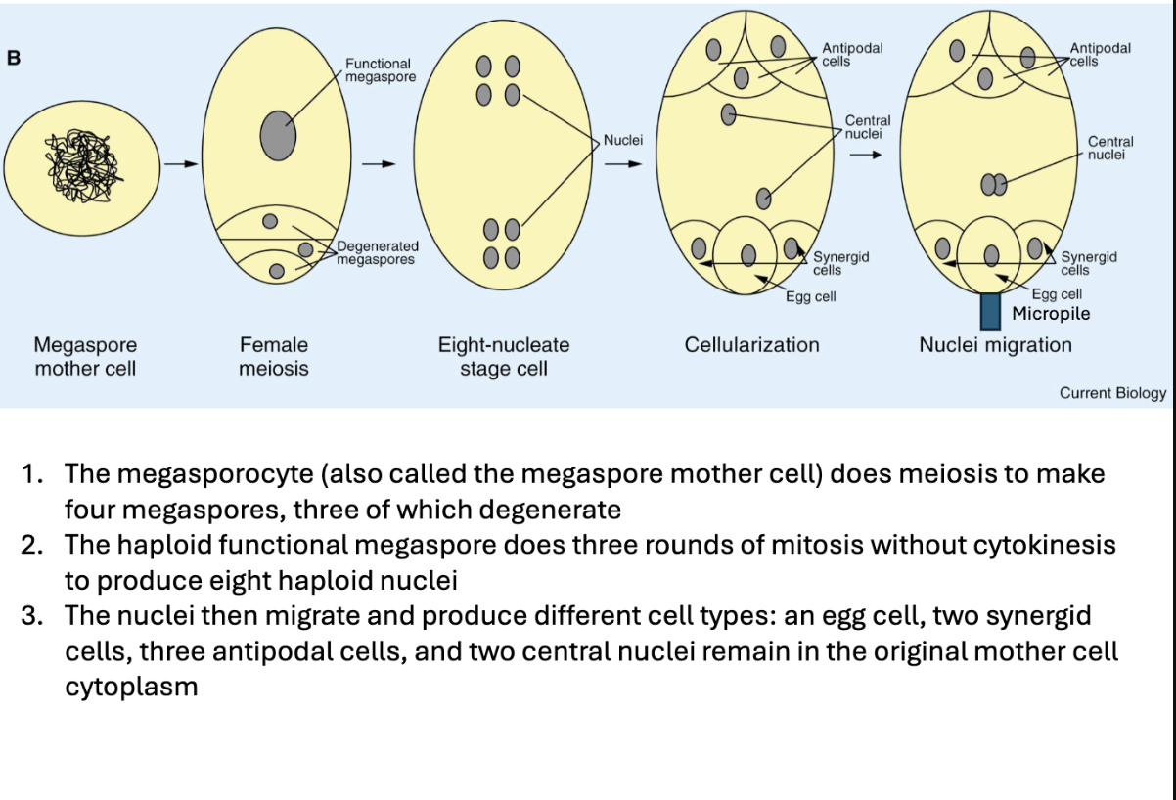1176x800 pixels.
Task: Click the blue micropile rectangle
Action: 990,310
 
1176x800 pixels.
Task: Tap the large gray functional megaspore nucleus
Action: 278,136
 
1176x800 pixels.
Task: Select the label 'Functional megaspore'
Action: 381,70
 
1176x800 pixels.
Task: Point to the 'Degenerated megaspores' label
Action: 378,252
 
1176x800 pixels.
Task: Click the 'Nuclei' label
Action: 622,140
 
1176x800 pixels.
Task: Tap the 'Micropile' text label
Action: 1051,314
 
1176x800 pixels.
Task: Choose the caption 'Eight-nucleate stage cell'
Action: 504,357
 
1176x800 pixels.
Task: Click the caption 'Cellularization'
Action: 751,345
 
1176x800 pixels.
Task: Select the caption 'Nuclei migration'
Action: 995,345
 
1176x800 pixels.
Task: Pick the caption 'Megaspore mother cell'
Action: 85,357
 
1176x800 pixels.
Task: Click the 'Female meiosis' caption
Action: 274,357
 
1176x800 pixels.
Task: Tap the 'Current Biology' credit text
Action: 1112,393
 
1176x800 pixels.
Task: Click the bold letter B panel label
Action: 13,58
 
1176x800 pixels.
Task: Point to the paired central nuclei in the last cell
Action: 993,185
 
